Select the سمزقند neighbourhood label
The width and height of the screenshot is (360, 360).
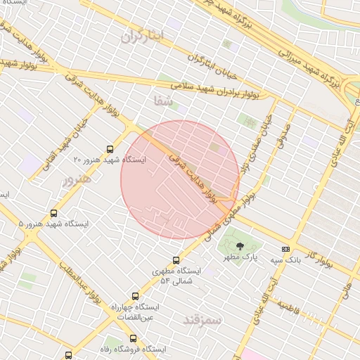pos(202,320)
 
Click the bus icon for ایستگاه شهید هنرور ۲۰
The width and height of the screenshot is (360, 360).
pos(110,148)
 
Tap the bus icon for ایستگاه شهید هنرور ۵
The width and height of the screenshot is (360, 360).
pos(53,213)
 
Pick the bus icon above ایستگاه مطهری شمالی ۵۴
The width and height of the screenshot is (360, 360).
pos(176,259)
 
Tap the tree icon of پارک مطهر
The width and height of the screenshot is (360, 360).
pos(240,247)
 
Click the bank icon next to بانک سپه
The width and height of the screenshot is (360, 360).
pos(285,249)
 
